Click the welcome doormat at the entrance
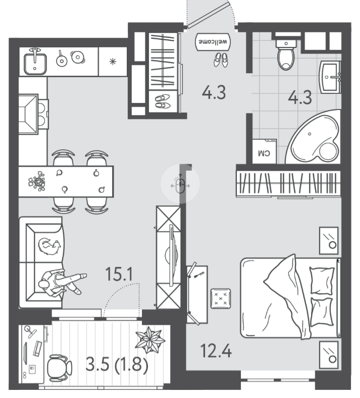[x=213, y=42]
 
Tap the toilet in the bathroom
[x=286, y=54]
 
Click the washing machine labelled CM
[x=264, y=151]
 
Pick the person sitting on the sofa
[x=61, y=282]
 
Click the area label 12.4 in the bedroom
[x=216, y=351]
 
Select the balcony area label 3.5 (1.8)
[x=117, y=365]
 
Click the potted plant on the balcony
[x=150, y=340]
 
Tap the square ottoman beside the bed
[x=221, y=299]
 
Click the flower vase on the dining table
[x=37, y=181]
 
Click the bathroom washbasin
[x=330, y=77]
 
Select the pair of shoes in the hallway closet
[x=163, y=101]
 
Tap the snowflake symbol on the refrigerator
[x=113, y=62]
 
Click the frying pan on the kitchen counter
[x=61, y=59]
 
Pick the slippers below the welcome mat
[x=221, y=60]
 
